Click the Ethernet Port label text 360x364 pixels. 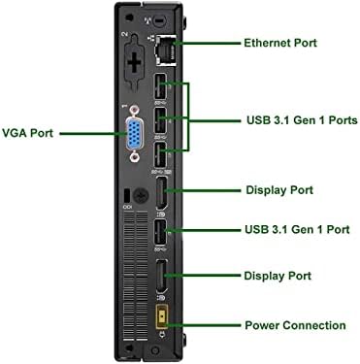point(280,43)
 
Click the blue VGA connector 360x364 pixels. point(135,134)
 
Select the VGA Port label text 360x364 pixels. point(27,133)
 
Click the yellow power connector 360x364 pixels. point(161,315)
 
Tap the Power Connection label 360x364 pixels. point(295,325)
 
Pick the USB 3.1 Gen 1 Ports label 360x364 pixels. point(302,120)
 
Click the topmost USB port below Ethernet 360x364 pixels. point(160,86)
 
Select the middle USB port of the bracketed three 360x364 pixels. point(160,120)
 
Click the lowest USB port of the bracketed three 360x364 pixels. point(160,155)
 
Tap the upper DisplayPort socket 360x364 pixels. point(162,193)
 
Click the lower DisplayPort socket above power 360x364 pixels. point(162,277)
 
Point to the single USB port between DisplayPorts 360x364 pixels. point(160,232)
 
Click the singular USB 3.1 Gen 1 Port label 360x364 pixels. point(297,229)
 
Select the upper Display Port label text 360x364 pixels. point(279,190)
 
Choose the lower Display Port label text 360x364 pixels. point(278,276)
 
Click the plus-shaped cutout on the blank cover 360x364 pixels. point(134,61)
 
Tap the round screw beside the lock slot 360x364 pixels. point(141,195)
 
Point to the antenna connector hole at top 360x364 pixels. point(159,20)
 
